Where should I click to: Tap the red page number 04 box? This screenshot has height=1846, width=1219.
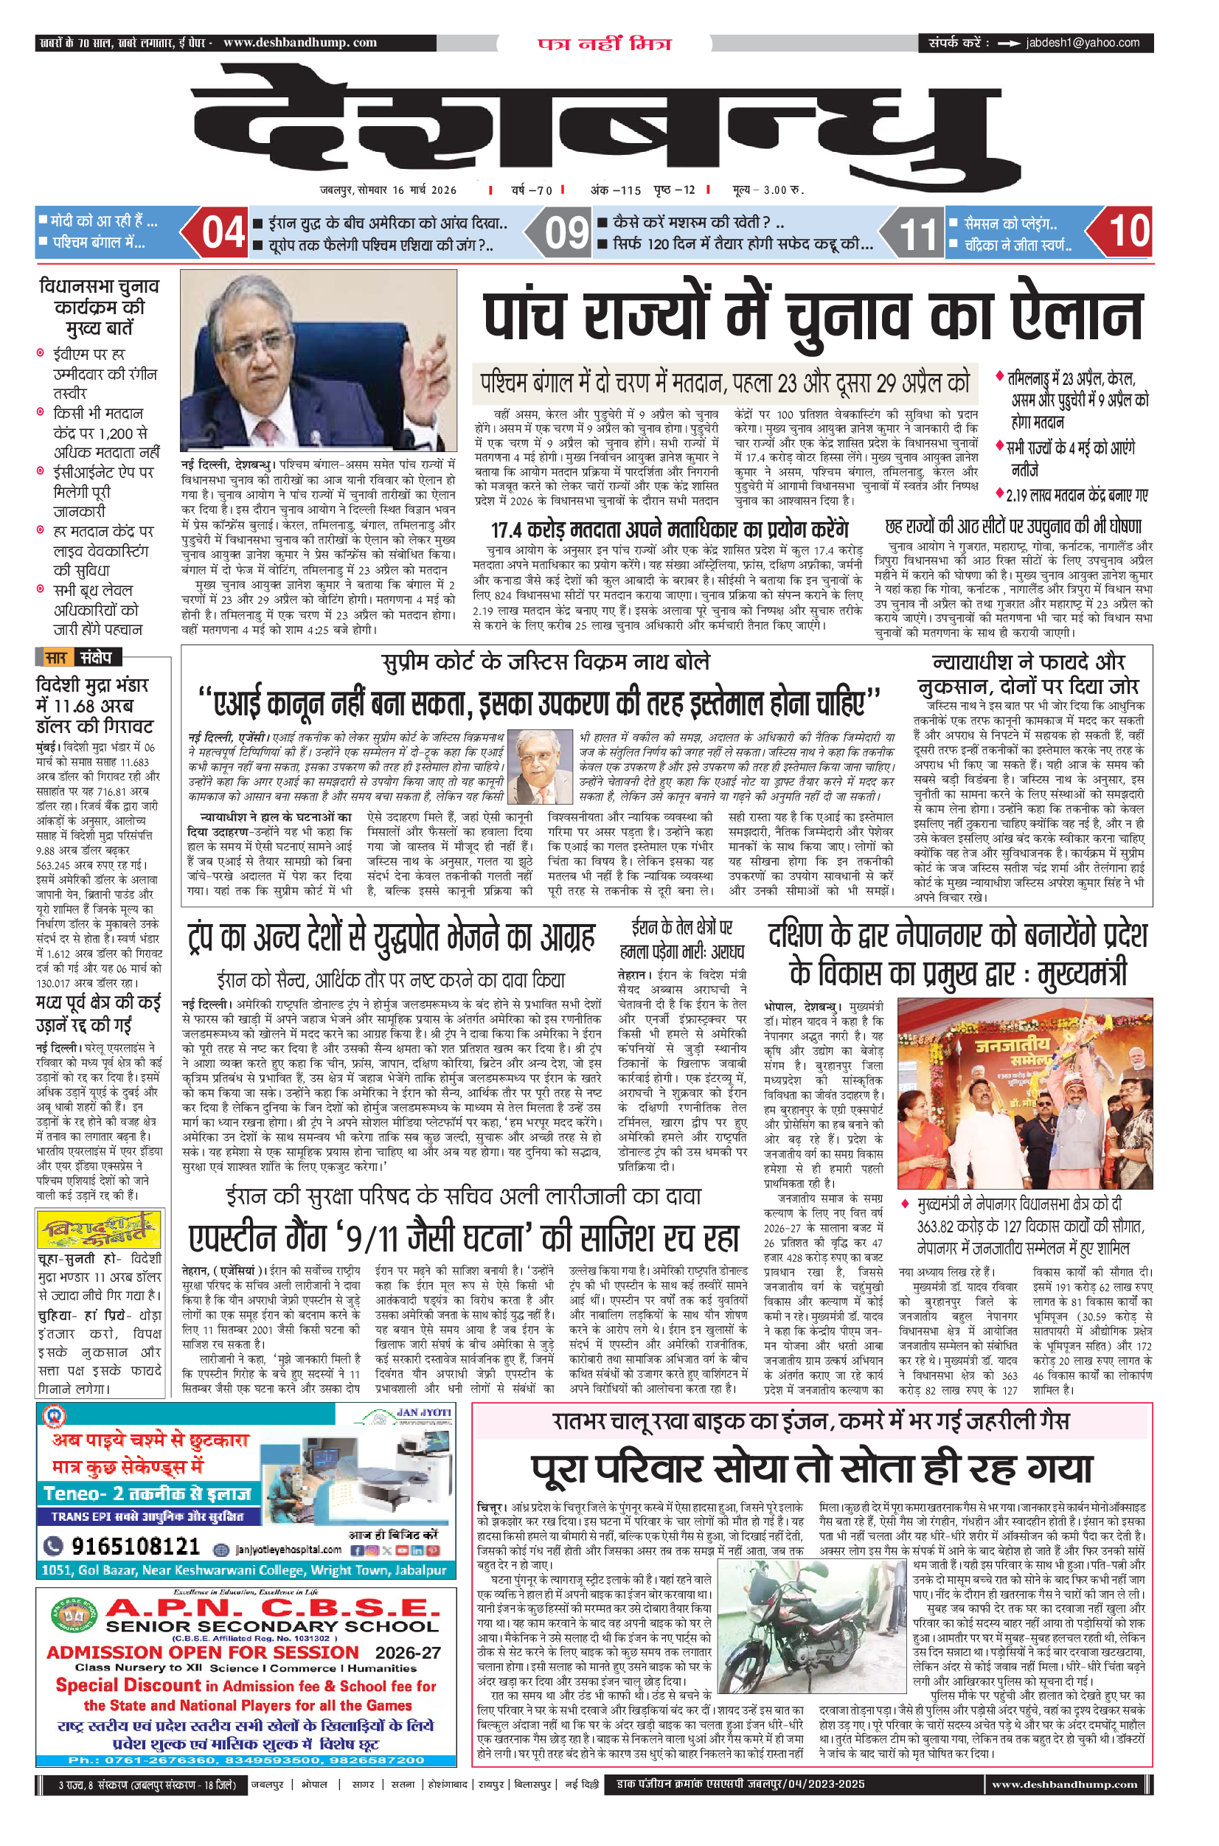tap(223, 232)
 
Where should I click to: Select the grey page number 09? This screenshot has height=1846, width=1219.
tap(566, 232)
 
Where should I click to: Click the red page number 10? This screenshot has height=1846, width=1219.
tap(1128, 231)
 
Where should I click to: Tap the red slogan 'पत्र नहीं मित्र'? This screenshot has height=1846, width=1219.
tap(604, 44)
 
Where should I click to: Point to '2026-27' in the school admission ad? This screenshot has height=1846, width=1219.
tap(407, 1653)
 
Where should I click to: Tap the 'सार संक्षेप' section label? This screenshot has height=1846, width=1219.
tap(77, 658)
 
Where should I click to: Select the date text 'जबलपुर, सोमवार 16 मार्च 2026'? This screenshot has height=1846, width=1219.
tap(388, 190)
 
